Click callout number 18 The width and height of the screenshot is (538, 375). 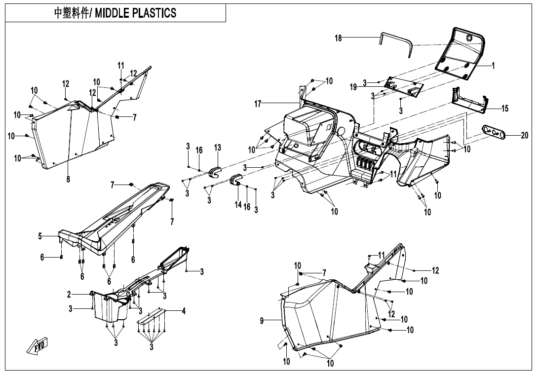(x=338, y=38)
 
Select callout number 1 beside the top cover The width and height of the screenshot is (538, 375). (x=493, y=65)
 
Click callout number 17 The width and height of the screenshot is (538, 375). (x=258, y=104)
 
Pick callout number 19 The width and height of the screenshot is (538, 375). (x=353, y=87)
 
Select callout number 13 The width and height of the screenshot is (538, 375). (x=218, y=148)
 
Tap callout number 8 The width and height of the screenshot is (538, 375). (x=68, y=179)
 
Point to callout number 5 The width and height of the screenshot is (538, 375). (x=40, y=236)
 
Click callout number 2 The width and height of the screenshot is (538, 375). (x=70, y=295)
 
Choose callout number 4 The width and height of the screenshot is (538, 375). (x=184, y=311)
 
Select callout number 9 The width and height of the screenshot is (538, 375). (x=262, y=321)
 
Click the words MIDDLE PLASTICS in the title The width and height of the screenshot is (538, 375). (x=135, y=13)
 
